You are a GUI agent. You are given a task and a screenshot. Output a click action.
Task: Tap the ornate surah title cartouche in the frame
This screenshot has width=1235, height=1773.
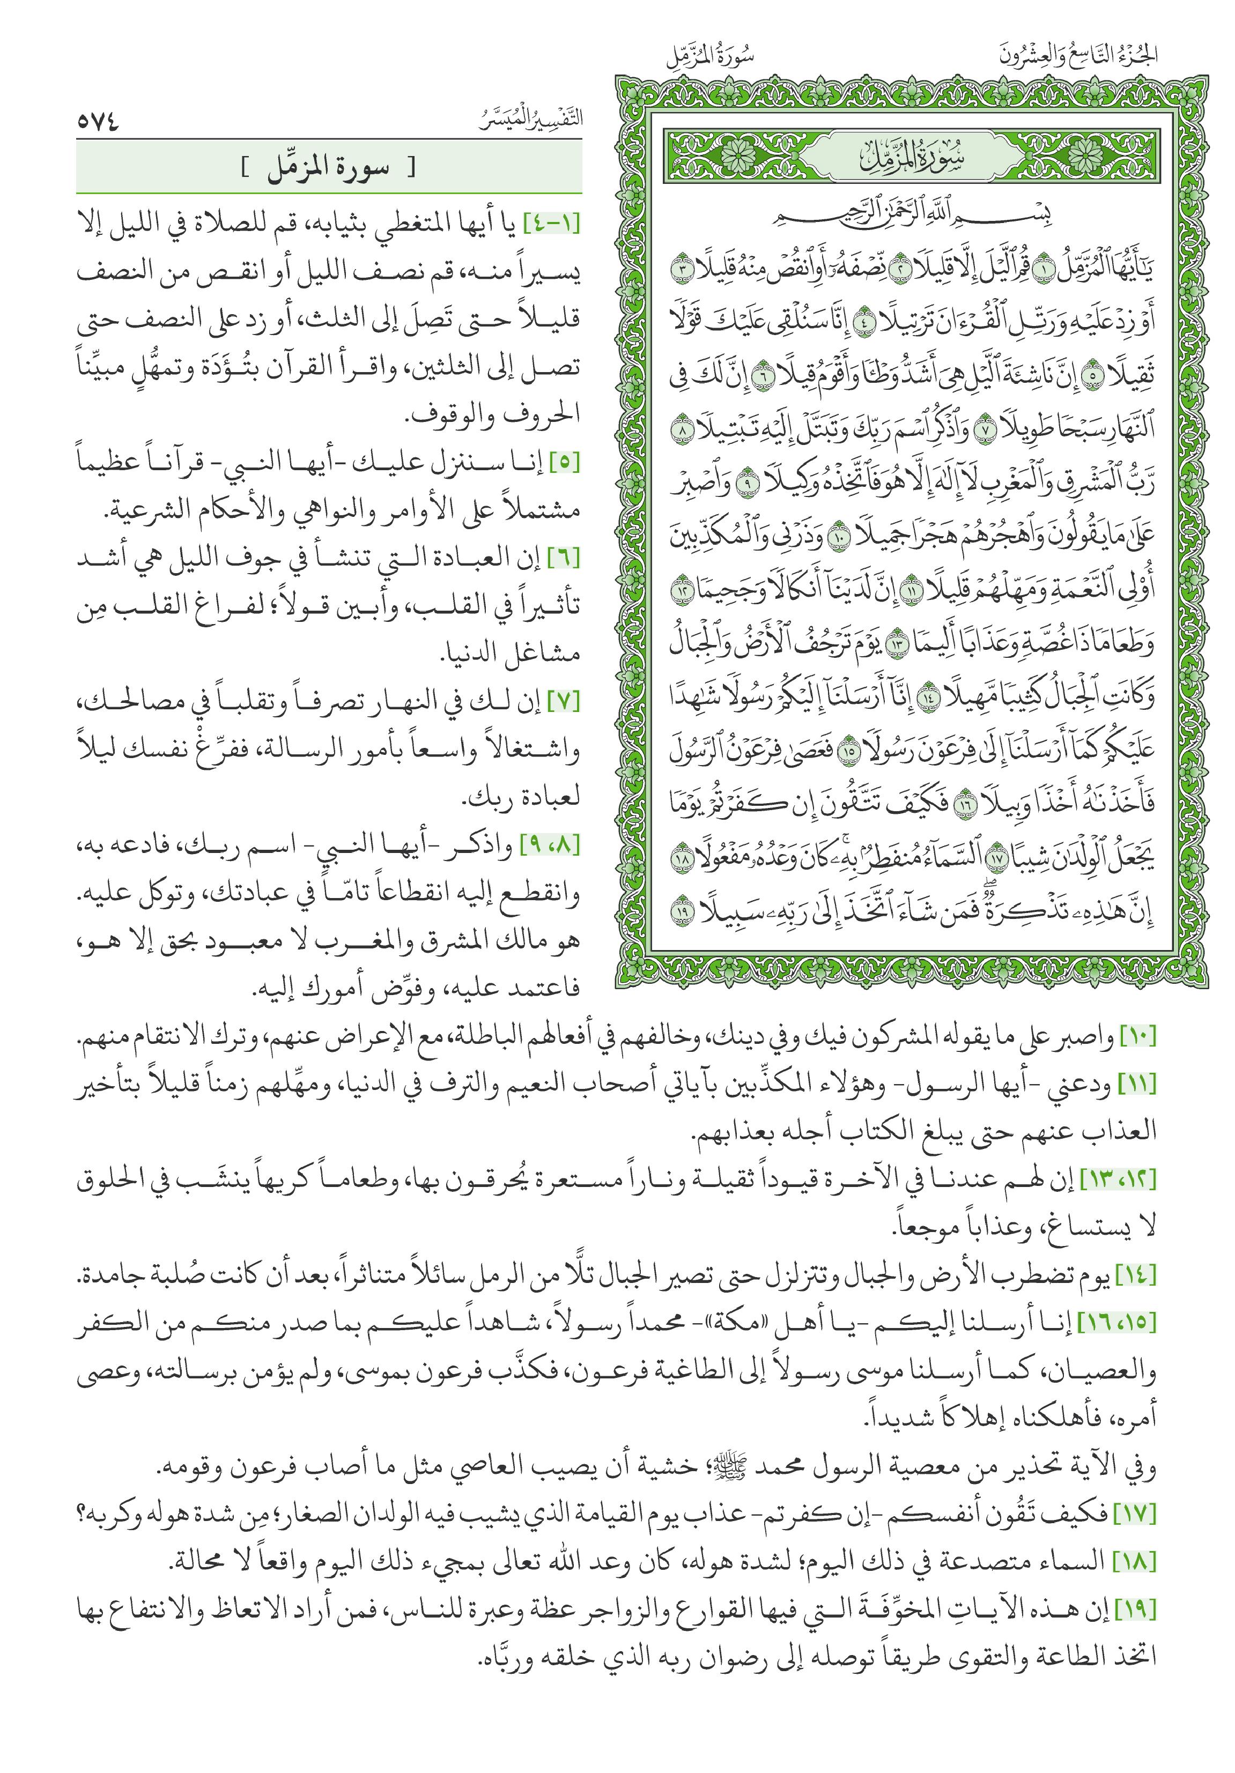912,158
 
